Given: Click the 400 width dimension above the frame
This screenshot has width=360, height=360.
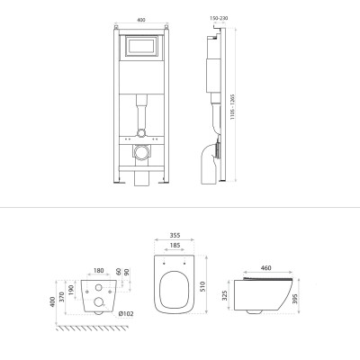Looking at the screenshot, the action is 141,20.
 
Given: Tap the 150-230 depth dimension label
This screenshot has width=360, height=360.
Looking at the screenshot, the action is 219,18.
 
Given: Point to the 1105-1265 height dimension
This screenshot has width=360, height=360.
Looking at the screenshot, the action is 232,107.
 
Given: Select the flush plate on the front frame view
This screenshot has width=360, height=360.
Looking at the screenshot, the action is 141,46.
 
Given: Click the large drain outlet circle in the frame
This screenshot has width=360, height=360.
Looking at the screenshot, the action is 141,152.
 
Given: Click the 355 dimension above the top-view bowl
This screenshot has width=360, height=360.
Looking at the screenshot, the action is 175,236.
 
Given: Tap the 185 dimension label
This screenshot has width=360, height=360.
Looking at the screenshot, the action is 175,246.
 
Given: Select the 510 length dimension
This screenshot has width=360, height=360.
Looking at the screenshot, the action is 202,287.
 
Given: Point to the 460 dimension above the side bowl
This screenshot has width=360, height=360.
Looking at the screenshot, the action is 266,267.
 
